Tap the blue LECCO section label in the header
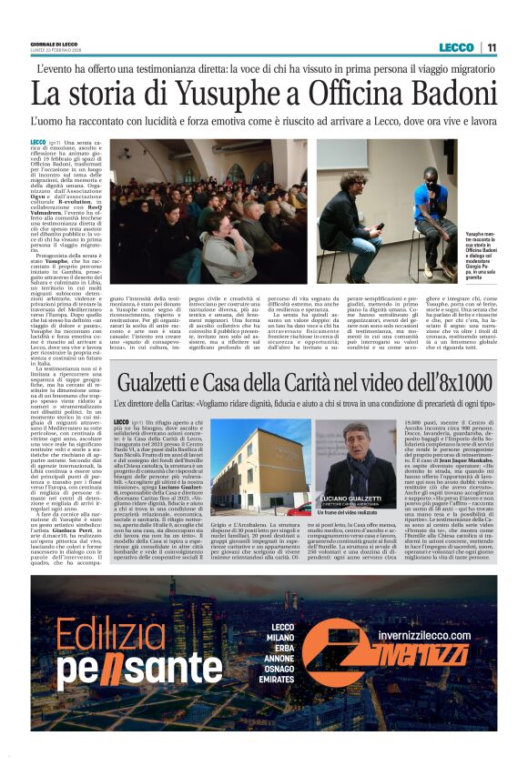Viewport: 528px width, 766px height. point(456,47)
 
